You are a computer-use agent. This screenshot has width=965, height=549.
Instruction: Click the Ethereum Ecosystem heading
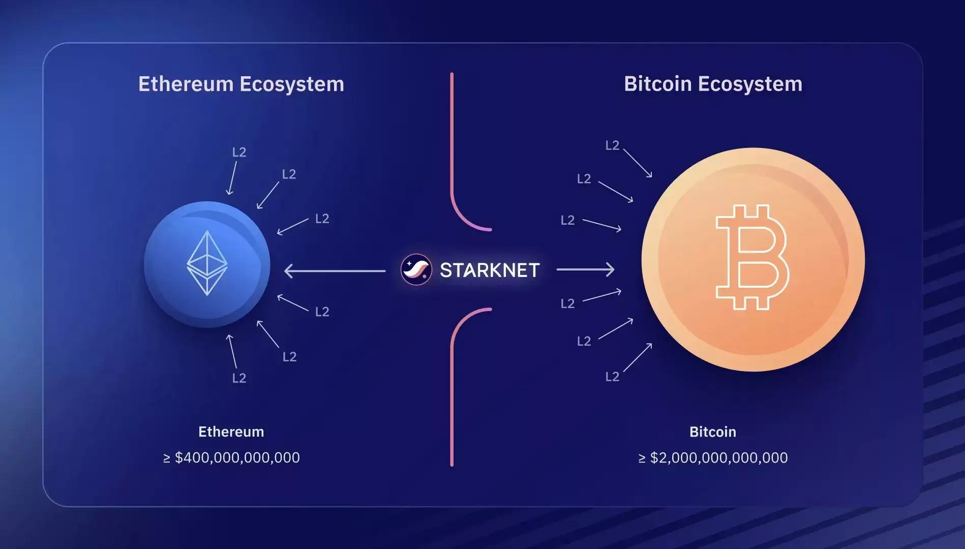pos(241,84)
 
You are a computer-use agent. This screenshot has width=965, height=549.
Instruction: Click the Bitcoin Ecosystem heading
pos(713,84)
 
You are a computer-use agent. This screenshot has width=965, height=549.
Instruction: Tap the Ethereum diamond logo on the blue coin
pos(207,263)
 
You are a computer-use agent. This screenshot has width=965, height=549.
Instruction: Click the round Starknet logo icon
pos(416,269)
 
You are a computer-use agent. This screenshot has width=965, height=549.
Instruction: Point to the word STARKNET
pos(489,270)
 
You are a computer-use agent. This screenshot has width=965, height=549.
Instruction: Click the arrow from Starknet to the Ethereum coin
pos(334,271)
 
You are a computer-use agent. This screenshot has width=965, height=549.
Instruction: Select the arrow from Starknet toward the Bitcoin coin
pos(585,269)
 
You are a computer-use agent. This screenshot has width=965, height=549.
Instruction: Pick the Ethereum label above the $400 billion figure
pos(231,432)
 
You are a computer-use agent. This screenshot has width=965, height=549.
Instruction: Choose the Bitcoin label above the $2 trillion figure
pos(712,432)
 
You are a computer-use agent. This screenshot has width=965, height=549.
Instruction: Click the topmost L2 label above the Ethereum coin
pos(239,152)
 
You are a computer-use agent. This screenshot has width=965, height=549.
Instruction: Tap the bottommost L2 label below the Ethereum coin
pos(239,378)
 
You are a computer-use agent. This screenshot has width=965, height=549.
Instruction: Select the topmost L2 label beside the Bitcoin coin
pos(612,145)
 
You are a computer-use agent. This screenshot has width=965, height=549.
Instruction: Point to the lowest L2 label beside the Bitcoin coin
pos(612,376)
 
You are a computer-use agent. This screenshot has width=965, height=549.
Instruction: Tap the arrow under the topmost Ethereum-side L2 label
pos(232,178)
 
